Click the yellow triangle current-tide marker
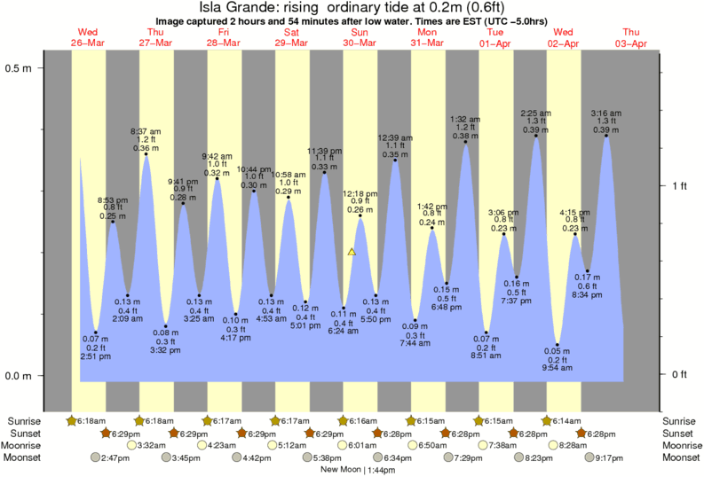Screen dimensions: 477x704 pyautogui.click(x=352, y=252)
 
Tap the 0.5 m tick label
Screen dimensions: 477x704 pyautogui.click(x=19, y=67)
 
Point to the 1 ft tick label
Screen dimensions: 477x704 pyautogui.click(x=679, y=185)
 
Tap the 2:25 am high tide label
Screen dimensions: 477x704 pyautogui.click(x=535, y=113)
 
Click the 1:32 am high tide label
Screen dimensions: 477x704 pyautogui.click(x=465, y=119)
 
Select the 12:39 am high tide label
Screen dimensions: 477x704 pyautogui.click(x=394, y=137)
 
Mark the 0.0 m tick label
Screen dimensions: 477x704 pyautogui.click(x=19, y=376)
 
